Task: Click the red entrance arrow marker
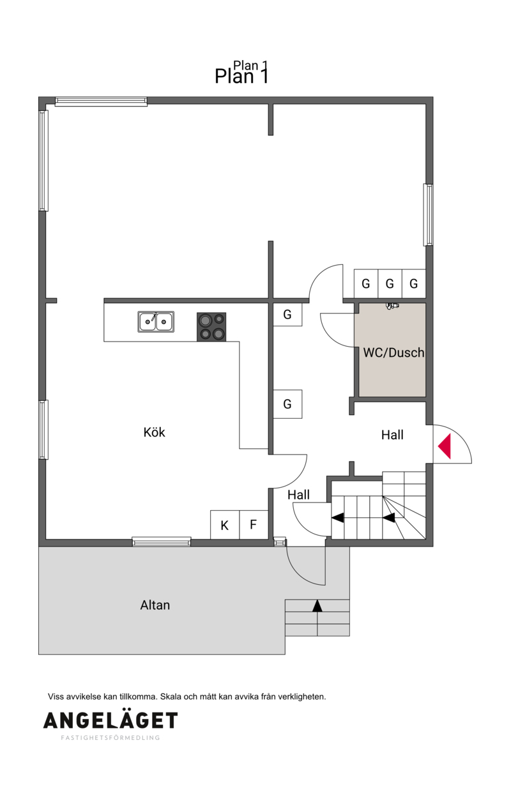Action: [445, 446]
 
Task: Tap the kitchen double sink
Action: [156, 321]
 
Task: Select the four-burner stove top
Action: [211, 327]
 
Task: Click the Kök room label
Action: [154, 432]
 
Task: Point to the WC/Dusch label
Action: [393, 352]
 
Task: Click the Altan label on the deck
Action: [155, 605]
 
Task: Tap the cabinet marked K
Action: [224, 525]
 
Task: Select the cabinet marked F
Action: [254, 525]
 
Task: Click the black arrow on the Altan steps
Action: [317, 606]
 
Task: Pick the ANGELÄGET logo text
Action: [111, 720]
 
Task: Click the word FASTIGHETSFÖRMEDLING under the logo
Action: [111, 737]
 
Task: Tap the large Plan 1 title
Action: [241, 76]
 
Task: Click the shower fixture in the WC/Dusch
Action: [392, 306]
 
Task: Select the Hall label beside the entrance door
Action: [392, 435]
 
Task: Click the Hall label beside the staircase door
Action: [298, 495]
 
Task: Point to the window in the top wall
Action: [101, 102]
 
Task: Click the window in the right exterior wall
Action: [428, 215]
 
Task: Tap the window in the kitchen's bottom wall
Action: [162, 541]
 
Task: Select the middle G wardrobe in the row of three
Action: [390, 283]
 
